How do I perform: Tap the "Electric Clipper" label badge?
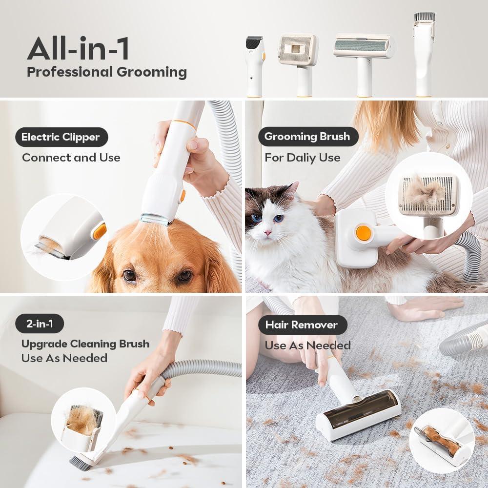61,137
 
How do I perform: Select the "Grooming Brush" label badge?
306,137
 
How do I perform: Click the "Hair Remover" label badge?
301,325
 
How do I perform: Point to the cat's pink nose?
268,233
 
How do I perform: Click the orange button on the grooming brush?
363,232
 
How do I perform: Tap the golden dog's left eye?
129,276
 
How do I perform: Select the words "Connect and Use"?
71,158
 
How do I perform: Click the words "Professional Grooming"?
106,72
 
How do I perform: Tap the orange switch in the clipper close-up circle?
100,231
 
